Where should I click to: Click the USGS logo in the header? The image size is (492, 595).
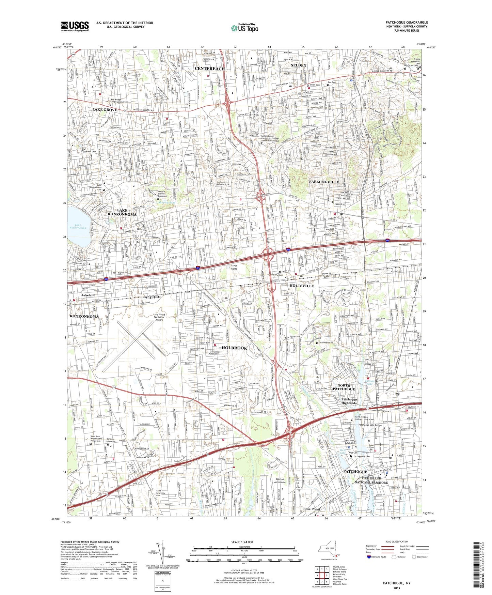click(75, 26)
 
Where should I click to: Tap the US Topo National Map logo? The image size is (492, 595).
click(244, 28)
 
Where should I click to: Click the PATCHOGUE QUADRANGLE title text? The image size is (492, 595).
click(407, 22)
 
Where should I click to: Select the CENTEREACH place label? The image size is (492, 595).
click(210, 69)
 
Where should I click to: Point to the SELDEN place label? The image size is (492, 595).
click(299, 65)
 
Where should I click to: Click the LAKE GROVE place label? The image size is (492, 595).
click(105, 110)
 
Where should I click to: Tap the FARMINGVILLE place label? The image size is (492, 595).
click(324, 182)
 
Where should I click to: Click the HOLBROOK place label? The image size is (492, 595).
click(237, 348)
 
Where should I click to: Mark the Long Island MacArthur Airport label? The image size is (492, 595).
click(159, 317)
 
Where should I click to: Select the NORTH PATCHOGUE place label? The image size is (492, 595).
click(344, 387)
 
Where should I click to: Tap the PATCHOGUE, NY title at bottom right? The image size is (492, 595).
click(397, 583)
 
